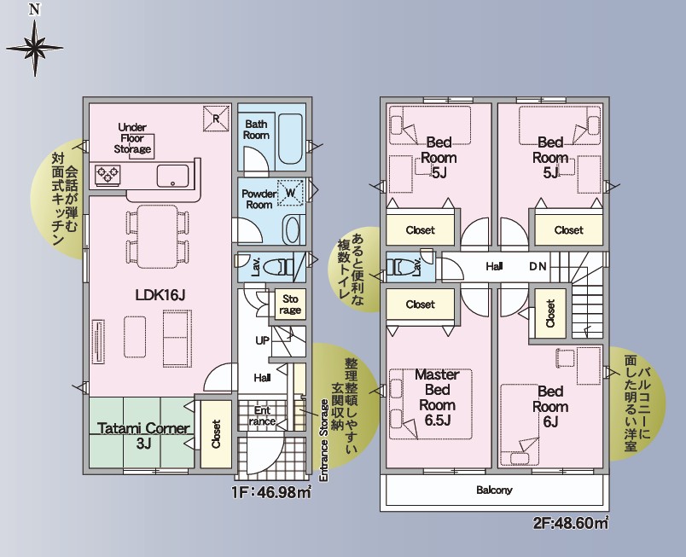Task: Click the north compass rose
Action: pyautogui.click(x=35, y=47)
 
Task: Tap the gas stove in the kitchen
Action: pyautogui.click(x=108, y=175)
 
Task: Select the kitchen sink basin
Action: pyautogui.click(x=173, y=176)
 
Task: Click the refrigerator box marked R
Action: pyautogui.click(x=216, y=118)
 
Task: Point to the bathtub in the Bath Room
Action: pyautogui.click(x=290, y=139)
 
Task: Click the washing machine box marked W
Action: pyautogui.click(x=290, y=193)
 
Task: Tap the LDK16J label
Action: pyautogui.click(x=160, y=295)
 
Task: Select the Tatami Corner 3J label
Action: pyautogui.click(x=143, y=436)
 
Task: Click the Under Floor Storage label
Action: pyautogui.click(x=132, y=138)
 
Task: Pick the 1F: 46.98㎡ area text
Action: pyautogui.click(x=271, y=493)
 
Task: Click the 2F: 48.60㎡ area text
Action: pyautogui.click(x=571, y=523)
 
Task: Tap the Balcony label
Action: pyautogui.click(x=494, y=490)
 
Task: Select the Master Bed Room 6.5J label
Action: pyautogui.click(x=438, y=397)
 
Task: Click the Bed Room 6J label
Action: pyautogui.click(x=550, y=407)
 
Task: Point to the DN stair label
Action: pyautogui.click(x=538, y=266)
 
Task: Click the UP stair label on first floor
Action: pyautogui.click(x=262, y=340)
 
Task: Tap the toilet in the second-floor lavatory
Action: pyautogui.click(x=404, y=267)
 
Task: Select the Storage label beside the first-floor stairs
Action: pyautogui.click(x=290, y=305)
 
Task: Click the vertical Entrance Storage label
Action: pyautogui.click(x=323, y=441)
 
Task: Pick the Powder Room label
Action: pyautogui.click(x=259, y=199)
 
